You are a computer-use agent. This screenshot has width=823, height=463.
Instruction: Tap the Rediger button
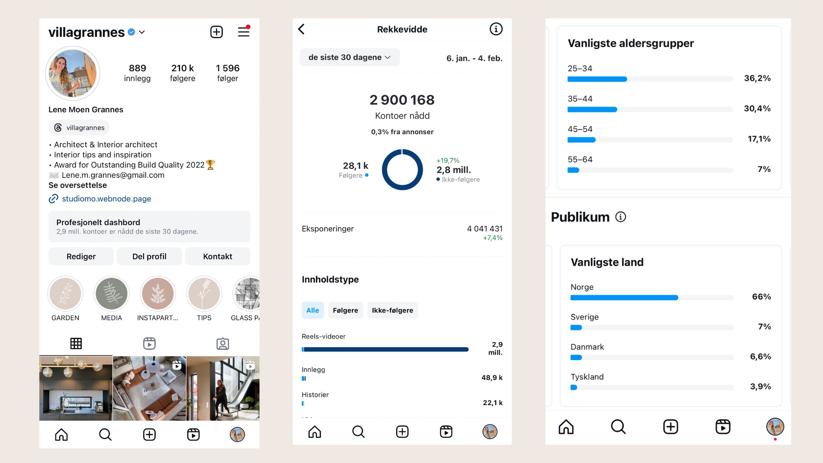(x=81, y=256)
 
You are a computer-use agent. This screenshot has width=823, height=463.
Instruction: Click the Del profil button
(x=149, y=256)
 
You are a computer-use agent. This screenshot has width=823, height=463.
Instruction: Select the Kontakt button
(x=217, y=256)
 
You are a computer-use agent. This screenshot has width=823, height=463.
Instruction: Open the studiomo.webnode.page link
(x=106, y=198)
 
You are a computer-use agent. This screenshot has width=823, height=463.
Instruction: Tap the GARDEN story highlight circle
(x=65, y=294)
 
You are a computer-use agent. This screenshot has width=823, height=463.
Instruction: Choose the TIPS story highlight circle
(x=204, y=294)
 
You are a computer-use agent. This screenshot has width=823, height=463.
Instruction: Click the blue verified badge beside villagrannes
(x=132, y=32)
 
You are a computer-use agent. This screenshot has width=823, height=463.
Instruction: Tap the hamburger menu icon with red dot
(x=243, y=31)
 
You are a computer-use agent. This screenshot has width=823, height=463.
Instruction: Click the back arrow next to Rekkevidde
(x=301, y=29)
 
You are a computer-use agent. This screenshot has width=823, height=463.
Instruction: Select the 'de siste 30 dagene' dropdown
(x=349, y=57)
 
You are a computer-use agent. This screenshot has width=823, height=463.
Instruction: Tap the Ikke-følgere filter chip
(x=392, y=310)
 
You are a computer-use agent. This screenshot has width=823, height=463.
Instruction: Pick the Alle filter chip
(x=312, y=310)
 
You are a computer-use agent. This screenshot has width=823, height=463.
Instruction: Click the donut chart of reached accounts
(x=402, y=170)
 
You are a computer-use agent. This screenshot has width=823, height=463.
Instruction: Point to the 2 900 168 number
(x=402, y=100)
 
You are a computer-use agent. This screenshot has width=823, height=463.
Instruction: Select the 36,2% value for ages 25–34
(x=757, y=78)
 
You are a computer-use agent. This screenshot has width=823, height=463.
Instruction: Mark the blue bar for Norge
(x=624, y=298)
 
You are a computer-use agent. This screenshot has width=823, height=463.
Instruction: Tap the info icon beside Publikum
(x=621, y=217)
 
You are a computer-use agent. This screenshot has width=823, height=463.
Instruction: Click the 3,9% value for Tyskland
(x=760, y=386)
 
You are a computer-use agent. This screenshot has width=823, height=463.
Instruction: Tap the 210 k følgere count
(x=183, y=72)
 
